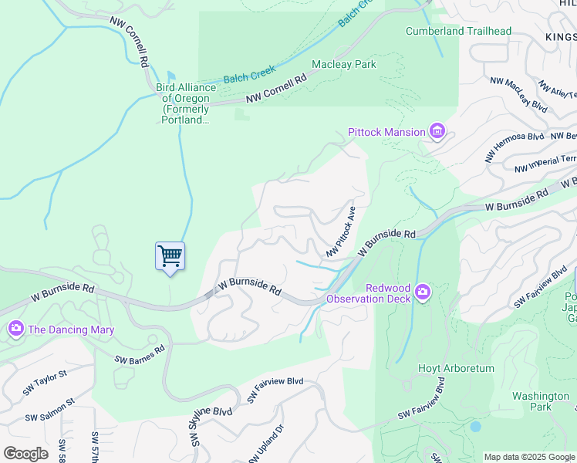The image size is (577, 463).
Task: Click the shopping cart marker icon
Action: click(x=170, y=255)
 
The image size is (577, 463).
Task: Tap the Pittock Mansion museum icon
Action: click(x=437, y=132)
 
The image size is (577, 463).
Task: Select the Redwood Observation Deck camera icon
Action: click(x=422, y=292)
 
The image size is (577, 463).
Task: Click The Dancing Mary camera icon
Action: click(x=16, y=330)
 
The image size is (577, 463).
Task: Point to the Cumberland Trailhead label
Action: click(x=458, y=31)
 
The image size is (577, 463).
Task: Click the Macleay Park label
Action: click(x=344, y=64)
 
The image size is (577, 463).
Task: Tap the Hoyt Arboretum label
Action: click(x=456, y=369)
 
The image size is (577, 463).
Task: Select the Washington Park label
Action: click(x=541, y=401)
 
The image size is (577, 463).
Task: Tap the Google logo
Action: click(x=25, y=454)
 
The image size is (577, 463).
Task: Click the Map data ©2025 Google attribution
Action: click(x=529, y=457)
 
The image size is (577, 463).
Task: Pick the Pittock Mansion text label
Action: click(x=386, y=132)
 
